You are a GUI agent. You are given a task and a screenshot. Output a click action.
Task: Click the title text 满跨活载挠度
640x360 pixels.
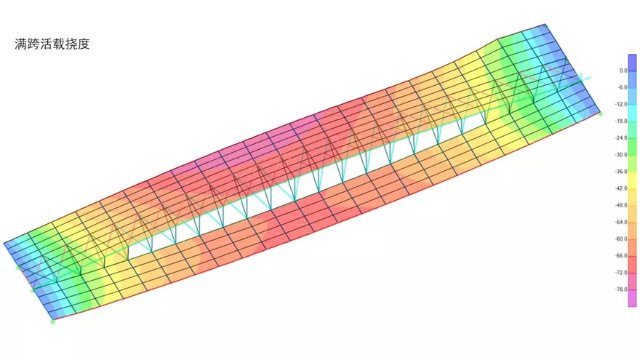click(x=52, y=44)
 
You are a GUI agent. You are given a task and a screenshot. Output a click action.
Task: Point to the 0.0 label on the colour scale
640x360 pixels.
click(x=623, y=71)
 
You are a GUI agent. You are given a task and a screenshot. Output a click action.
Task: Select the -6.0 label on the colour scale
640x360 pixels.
click(x=622, y=87)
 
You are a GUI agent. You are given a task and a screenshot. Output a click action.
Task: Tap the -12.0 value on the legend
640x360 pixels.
click(x=621, y=104)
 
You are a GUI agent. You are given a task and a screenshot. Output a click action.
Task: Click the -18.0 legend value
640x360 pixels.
click(x=621, y=121)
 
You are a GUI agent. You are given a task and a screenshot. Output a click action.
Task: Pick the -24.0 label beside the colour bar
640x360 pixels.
click(x=621, y=138)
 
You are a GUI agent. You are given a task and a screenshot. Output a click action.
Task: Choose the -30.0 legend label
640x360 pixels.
click(x=621, y=155)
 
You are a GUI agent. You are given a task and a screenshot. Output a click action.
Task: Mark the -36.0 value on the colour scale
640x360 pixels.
click(x=621, y=172)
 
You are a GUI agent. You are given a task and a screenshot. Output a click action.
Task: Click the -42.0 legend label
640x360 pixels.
click(x=621, y=188)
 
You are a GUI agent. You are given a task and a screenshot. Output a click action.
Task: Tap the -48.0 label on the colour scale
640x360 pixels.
click(x=621, y=205)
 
